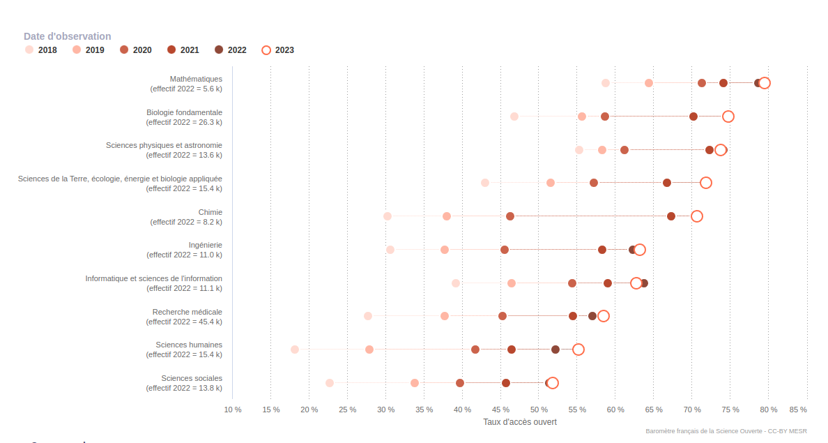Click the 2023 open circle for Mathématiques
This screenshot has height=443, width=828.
[765, 83]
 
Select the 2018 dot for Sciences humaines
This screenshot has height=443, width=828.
[295, 350]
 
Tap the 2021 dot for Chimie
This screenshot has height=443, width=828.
[671, 216]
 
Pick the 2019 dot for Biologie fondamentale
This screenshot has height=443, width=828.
[582, 117]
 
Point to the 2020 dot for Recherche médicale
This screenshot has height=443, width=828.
[503, 316]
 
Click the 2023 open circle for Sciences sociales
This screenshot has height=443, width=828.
[553, 383]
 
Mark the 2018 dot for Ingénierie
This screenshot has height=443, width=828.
[390, 250]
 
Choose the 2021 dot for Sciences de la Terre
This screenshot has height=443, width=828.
[667, 183]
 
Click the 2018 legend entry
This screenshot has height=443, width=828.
[42, 50]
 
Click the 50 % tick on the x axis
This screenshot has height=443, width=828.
[539, 410]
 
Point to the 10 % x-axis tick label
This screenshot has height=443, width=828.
[233, 410]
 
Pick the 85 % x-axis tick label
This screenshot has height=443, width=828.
[798, 410]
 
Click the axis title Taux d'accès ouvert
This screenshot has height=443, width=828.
[520, 422]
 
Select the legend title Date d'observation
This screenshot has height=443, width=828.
[67, 36]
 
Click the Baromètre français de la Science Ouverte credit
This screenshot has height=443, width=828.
[726, 431]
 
